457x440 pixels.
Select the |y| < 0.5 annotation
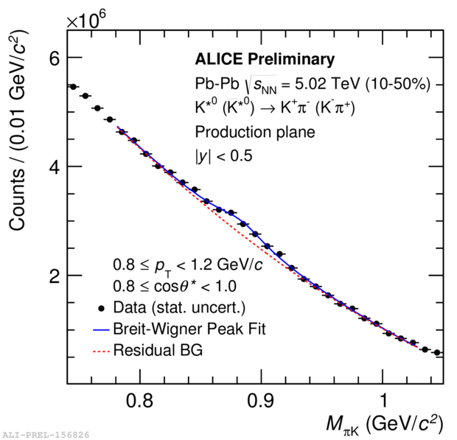pos(223,156)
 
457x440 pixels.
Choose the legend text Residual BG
pos(158,351)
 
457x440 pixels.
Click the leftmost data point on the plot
pos(73,86)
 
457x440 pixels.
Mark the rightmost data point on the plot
pos(437,353)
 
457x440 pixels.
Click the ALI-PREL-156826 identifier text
pos(45,435)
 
